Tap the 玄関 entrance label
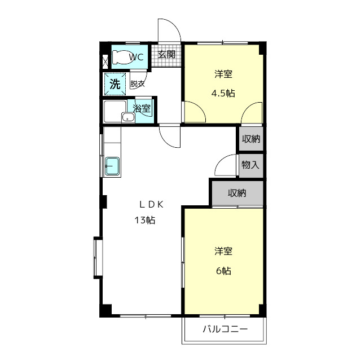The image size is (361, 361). click(x=166, y=55)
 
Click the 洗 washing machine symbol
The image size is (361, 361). click(x=115, y=85)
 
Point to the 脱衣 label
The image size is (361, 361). click(x=137, y=85)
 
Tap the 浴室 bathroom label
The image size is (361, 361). click(x=142, y=108)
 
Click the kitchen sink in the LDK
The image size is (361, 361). click(x=112, y=166)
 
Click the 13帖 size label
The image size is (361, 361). click(x=145, y=220)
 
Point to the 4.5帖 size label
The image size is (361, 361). click(x=224, y=94)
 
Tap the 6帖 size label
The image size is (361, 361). click(x=223, y=271)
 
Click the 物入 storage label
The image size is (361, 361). click(x=250, y=165)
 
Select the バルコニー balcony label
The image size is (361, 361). click(x=225, y=330)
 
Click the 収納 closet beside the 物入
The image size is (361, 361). click(x=251, y=139)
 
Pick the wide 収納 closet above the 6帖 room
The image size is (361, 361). click(x=237, y=193)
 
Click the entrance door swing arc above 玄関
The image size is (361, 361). click(x=169, y=30)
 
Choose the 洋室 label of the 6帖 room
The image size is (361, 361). click(x=223, y=251)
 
